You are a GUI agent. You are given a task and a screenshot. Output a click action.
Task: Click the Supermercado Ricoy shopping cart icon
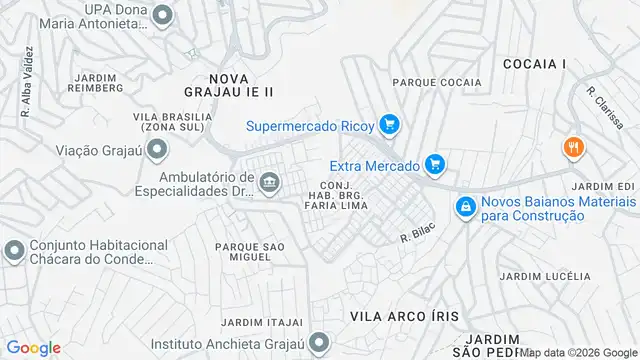[389, 125]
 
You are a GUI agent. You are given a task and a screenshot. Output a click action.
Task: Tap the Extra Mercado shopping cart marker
[434, 163]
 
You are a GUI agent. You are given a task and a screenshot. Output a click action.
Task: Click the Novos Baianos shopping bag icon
[464, 207]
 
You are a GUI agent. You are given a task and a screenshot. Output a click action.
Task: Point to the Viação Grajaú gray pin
[156, 151]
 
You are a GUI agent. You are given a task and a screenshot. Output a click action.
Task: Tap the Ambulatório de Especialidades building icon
[268, 182]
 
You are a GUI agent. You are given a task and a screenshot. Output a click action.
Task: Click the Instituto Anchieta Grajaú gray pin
[319, 343]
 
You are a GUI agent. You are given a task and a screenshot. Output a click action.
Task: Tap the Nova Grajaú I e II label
[241, 84]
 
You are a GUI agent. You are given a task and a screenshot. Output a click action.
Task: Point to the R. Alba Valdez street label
[26, 94]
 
